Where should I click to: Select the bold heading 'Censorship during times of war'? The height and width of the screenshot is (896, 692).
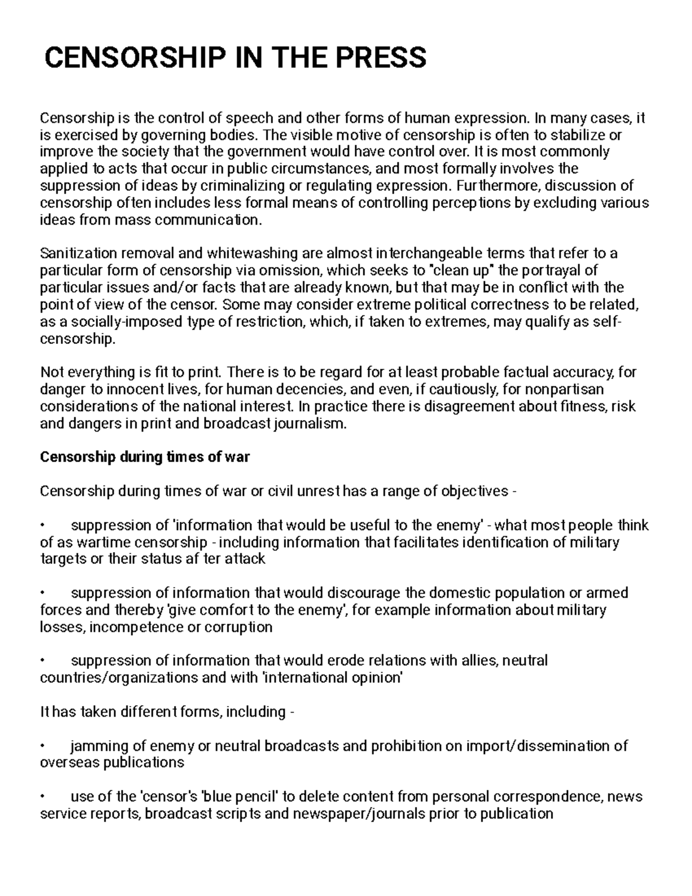145,457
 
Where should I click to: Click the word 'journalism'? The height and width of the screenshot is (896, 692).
310,424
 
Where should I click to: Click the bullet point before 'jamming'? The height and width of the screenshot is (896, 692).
43,747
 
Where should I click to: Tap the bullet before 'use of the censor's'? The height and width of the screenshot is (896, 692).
43,797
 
